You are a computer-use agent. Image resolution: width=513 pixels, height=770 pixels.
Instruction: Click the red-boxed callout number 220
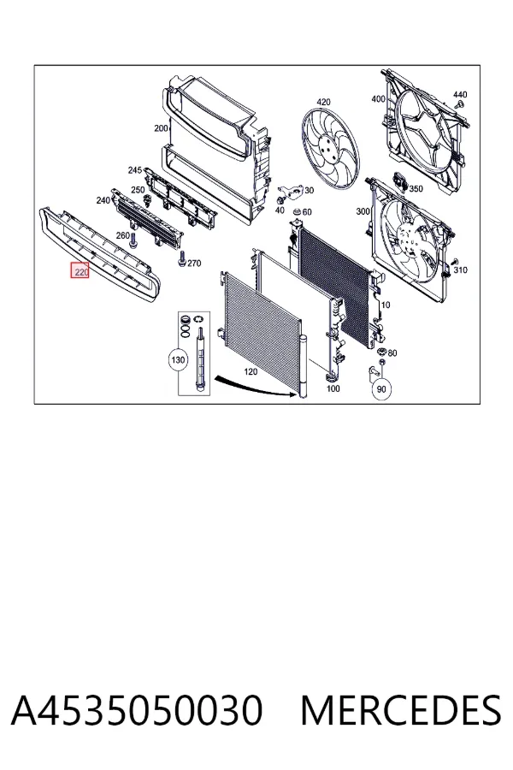[x=80, y=270]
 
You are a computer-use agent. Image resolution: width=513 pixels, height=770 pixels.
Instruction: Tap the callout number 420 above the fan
[x=323, y=102]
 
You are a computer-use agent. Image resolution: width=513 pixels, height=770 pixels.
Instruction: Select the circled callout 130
[x=178, y=360]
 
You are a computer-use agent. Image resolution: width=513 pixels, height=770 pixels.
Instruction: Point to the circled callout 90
[x=381, y=389]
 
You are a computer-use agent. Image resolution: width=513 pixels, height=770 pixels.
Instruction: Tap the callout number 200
[x=161, y=128]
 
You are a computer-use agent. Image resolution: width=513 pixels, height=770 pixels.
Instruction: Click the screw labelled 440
[x=460, y=104]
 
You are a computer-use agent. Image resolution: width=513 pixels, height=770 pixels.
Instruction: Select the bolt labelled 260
[x=133, y=241]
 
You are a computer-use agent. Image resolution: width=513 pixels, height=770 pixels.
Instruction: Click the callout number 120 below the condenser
[x=251, y=372]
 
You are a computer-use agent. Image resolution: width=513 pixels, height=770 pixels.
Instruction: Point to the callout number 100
[x=333, y=388]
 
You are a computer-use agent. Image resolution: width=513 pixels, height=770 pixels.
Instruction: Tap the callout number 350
[x=416, y=188]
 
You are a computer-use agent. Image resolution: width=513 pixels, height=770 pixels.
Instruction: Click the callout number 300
[x=363, y=211]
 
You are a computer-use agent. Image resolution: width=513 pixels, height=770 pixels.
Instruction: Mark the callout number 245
[x=135, y=170]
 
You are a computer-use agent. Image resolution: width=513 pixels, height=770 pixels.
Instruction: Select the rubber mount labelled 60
[x=297, y=213]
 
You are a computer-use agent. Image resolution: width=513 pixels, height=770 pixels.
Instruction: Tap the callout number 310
[x=461, y=269]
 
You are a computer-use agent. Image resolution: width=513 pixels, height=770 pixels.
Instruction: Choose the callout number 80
[x=392, y=352]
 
